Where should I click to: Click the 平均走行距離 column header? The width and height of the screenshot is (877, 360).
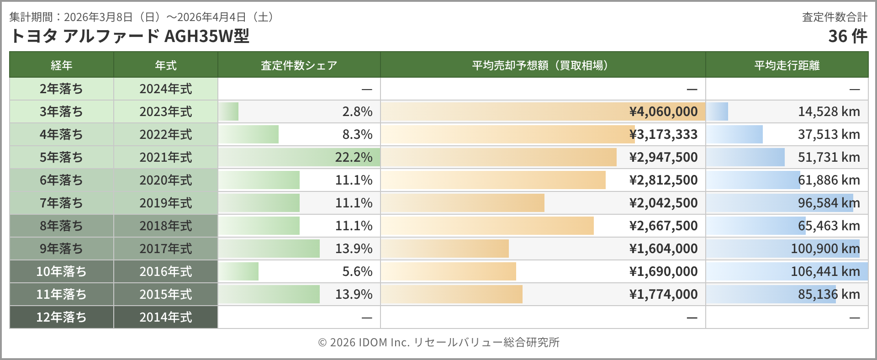787,65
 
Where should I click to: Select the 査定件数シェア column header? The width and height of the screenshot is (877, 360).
299,65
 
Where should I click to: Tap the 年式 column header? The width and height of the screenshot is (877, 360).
165,65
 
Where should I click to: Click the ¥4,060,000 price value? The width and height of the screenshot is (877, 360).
663,111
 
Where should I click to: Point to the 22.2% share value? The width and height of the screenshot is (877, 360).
354,157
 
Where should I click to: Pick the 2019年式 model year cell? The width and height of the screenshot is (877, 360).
165,203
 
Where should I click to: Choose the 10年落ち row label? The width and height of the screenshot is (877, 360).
61,271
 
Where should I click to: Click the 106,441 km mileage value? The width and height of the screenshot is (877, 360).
825,271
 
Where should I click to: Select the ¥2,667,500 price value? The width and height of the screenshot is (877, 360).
663,226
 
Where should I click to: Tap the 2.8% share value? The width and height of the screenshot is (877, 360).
357,111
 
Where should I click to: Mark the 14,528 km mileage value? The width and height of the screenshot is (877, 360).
829,111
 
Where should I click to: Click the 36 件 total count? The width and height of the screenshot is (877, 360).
847,36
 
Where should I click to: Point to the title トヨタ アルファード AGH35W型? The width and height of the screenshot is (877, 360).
129,36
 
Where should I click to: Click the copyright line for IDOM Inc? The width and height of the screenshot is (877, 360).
438,342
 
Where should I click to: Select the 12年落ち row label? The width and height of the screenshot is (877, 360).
61,317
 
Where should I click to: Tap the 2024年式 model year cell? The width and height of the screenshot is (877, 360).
165,89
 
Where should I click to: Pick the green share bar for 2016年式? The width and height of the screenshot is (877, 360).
238,271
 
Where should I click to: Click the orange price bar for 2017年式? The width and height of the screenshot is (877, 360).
445,249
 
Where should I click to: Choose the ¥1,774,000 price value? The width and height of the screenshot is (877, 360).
663,294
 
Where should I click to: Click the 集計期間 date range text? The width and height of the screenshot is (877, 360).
142,17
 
